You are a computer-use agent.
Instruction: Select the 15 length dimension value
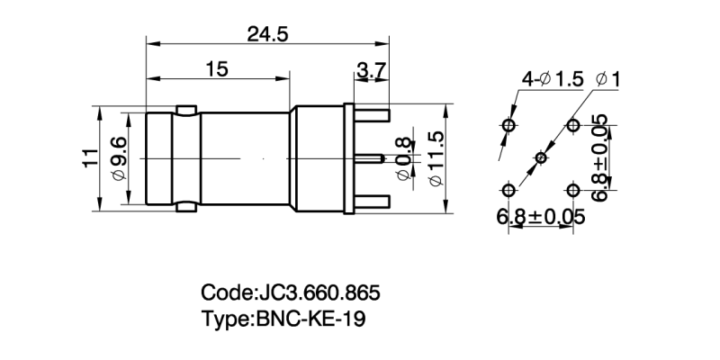[x=216, y=70]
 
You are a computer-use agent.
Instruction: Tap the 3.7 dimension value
[x=371, y=70]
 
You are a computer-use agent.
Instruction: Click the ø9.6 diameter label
[x=117, y=158]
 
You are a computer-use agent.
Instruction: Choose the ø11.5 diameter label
[x=436, y=158]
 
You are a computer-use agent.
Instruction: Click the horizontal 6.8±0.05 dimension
[x=540, y=217]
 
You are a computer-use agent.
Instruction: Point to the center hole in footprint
[x=541, y=158]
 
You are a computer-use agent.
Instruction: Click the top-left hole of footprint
[x=508, y=125]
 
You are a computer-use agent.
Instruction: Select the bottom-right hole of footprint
[x=573, y=190]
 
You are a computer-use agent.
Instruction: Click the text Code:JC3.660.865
[x=290, y=293]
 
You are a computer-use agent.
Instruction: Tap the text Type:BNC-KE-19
[x=284, y=319]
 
